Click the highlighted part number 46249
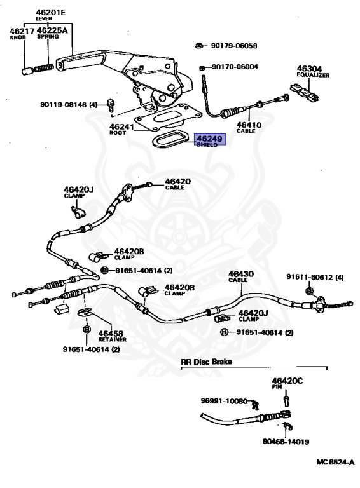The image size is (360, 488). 209,138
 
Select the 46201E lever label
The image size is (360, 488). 50,15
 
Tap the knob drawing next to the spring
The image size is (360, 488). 27,71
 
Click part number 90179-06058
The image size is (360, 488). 234,46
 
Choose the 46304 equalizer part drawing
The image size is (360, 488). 304,92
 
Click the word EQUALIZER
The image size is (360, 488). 313,76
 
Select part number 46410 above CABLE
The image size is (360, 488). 249,125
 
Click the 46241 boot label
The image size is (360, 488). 121,129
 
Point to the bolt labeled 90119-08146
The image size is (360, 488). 111,105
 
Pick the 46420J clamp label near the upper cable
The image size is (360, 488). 78,192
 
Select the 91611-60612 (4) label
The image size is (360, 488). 315,277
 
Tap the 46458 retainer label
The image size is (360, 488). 112,336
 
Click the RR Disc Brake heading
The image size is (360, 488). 206,362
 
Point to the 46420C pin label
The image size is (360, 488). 287,383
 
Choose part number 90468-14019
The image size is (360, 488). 286,442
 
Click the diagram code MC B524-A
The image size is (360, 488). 335,462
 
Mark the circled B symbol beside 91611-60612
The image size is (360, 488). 309,291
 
